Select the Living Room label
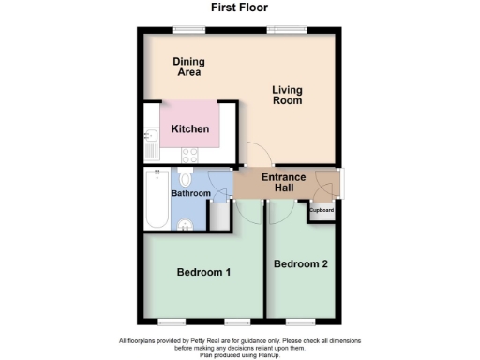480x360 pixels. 288,95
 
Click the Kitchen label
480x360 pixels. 189,129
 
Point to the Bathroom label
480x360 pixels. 190,193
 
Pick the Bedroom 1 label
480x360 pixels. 203,273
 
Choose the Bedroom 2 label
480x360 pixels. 300,264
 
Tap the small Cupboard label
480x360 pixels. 323,210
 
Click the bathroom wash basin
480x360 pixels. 187,223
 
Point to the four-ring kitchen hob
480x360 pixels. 188,156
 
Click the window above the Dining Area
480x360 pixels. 188,28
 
